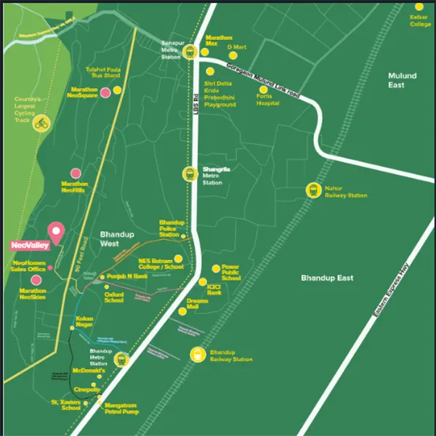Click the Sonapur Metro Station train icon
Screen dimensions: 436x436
pyautogui.click(x=190, y=51)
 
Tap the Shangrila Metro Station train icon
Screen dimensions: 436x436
pyautogui.click(x=189, y=174)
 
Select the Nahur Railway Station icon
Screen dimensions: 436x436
pyautogui.click(x=313, y=190)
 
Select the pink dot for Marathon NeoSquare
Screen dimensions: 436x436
pyautogui.click(x=105, y=92)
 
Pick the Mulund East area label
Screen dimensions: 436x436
pyautogui.click(x=402, y=80)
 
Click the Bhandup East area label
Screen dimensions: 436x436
pyautogui.click(x=327, y=278)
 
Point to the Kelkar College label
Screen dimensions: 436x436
pyautogui.click(x=420, y=20)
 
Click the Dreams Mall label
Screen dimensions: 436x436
pyautogui.click(x=197, y=304)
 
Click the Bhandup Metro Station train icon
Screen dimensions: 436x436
pyautogui.click(x=121, y=359)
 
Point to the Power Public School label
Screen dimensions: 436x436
pyautogui.click(x=231, y=272)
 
